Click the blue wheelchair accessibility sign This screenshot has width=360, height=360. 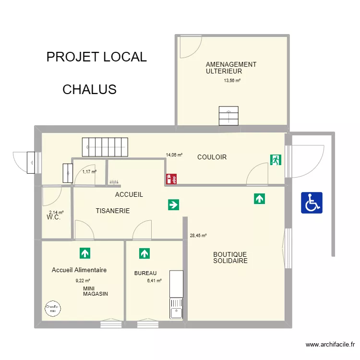click(x=312, y=203)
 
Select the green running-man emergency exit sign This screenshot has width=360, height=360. click(x=276, y=160)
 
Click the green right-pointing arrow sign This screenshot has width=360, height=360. click(x=173, y=205)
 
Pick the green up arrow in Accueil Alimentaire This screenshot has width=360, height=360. click(x=85, y=252)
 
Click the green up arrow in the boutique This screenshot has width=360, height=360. click(x=260, y=198)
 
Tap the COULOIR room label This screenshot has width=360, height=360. click(x=212, y=157)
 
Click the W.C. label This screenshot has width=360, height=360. click(x=53, y=217)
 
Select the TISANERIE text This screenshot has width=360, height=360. click(x=113, y=211)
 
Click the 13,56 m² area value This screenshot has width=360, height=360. click(x=232, y=81)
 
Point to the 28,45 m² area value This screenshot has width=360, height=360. click(x=198, y=236)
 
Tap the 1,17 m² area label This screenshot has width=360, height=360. click(x=89, y=171)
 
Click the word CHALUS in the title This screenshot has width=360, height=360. click(x=89, y=89)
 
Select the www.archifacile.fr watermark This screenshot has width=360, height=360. click(x=330, y=345)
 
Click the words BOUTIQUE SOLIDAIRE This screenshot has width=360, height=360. click(x=230, y=258)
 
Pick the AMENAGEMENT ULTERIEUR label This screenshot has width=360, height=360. click(x=230, y=68)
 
